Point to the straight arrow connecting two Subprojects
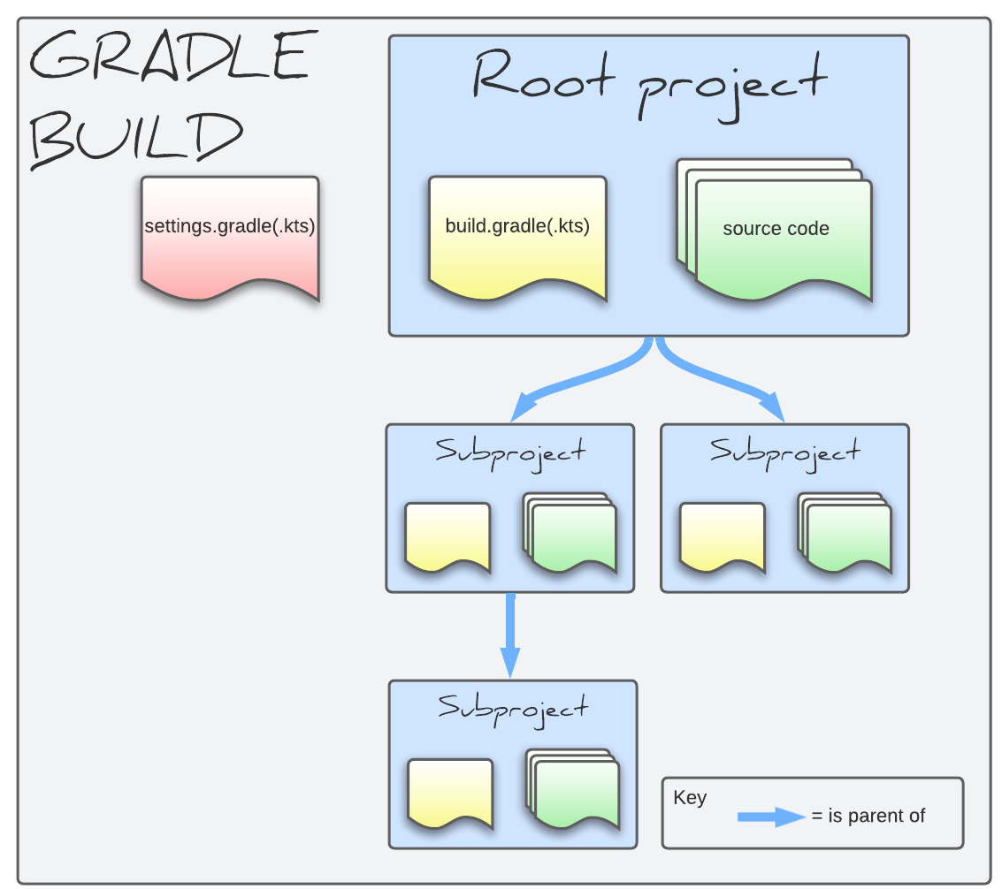[510, 636]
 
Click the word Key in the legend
[690, 798]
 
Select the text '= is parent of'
[868, 817]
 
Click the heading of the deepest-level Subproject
[513, 708]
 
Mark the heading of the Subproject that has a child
[510, 452]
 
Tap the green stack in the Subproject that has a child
[570, 536]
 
